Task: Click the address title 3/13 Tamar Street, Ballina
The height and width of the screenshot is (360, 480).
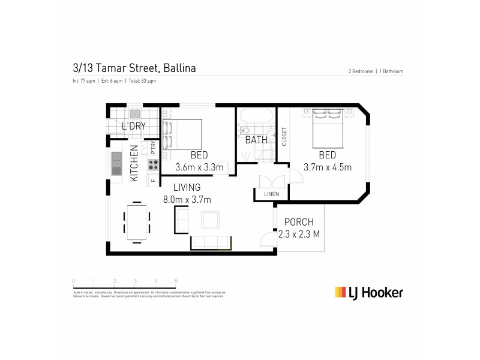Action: coord(134,68)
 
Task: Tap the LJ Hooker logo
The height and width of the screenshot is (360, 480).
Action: coord(368,292)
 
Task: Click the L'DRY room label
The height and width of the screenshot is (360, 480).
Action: coord(133,127)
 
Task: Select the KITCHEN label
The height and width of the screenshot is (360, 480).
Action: coord(134,164)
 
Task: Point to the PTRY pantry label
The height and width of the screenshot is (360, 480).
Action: coord(154,148)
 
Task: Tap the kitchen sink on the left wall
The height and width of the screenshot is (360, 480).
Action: coord(116,161)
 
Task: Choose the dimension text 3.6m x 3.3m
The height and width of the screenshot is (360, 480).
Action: coord(199,167)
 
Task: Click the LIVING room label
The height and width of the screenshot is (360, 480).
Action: coord(187,188)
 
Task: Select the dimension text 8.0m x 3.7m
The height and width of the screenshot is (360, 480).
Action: coord(187,200)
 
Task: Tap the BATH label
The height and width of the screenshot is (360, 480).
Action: coord(256,140)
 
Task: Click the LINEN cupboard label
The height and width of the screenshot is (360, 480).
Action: coord(272,194)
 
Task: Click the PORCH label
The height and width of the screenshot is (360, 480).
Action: coord(299,222)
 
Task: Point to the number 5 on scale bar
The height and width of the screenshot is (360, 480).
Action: coord(176,280)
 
